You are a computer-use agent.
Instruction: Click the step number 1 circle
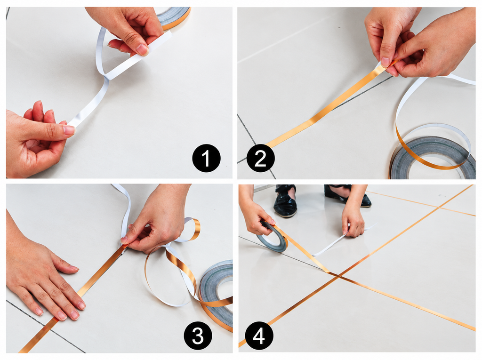pyautogui.click(x=206, y=158)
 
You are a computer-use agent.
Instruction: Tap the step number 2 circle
pyautogui.click(x=261, y=158)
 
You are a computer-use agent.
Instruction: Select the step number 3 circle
pyautogui.click(x=198, y=335)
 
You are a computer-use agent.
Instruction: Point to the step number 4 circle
pyautogui.click(x=259, y=336)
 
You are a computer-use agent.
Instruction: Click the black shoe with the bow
pyautogui.click(x=285, y=201)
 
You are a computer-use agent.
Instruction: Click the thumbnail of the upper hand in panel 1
pyautogui.click(x=142, y=49)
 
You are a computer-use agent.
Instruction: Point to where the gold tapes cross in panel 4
pyautogui.click(x=338, y=276)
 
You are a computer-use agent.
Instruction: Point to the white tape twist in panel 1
pyautogui.click(x=106, y=77)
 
